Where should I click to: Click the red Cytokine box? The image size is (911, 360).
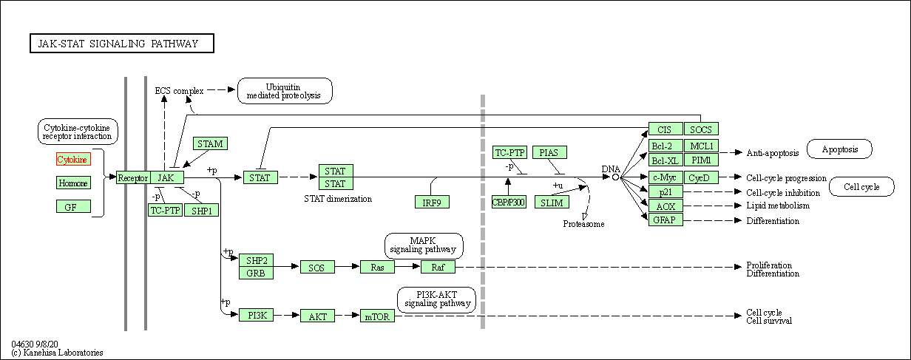pos(72,160)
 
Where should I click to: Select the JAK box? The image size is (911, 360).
pos(166,177)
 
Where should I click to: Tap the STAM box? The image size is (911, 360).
pos(210,143)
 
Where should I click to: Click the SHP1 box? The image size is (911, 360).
pos(201,210)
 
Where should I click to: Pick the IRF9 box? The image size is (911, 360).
pos(432,202)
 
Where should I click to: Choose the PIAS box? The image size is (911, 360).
pos(549,153)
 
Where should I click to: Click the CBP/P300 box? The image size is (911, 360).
pos(509,202)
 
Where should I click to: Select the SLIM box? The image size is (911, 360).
pos(552,202)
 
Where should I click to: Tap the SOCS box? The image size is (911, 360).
pos(701,129)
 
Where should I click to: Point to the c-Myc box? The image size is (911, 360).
pos(666,177)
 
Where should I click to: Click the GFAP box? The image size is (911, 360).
pos(666,220)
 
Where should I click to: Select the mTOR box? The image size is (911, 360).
pos(378,316)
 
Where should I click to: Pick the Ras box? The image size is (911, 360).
pos(377,267)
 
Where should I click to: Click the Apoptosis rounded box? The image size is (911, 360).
pos(839,149)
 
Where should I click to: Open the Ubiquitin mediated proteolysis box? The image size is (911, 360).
pos(285,91)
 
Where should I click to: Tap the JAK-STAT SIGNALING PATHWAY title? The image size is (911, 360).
pos(122,44)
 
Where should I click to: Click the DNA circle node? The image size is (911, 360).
pos(615,177)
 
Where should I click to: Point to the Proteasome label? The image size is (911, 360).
pos(583,223)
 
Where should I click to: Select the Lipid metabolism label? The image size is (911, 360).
pos(778,206)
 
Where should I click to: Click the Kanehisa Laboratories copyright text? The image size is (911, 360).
pos(58,353)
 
